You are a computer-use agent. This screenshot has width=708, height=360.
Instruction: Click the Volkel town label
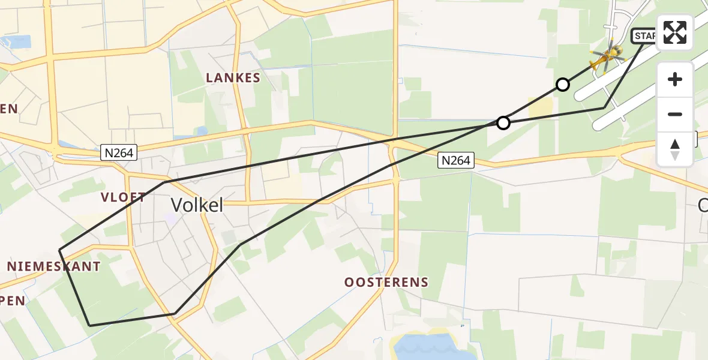pos(197,205)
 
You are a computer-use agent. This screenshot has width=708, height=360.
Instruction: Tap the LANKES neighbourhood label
pos(233,78)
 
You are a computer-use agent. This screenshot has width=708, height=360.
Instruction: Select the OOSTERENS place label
pos(386,282)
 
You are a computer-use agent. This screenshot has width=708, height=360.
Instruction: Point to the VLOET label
pos(124,197)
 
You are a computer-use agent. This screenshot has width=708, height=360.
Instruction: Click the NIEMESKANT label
pos(54,266)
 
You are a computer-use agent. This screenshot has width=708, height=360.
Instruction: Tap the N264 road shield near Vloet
pos(119,154)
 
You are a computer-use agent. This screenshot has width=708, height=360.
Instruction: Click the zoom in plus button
pos(675,79)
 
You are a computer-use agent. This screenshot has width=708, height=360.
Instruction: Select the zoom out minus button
pos(675,114)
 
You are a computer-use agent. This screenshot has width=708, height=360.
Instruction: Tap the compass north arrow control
pos(675,149)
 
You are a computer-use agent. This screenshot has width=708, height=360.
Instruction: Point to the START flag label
pos(644,37)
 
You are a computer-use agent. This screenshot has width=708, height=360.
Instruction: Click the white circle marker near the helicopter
pos(563,85)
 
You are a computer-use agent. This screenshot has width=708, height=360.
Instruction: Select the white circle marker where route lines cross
pos(503,123)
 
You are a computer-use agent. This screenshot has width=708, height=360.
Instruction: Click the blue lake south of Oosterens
pos(426,347)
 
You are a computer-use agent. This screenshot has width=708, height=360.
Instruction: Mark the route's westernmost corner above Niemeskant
pos(59,250)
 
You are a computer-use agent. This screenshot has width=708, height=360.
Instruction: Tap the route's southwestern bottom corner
pos(89,325)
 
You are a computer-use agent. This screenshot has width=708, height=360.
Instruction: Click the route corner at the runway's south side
pos(604,107)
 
